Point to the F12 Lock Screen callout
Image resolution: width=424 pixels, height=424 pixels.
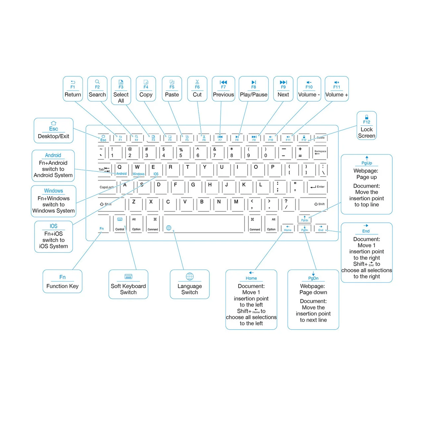pyautogui.click(x=367, y=126)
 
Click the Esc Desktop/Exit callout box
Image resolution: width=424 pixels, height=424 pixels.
pyautogui.click(x=54, y=131)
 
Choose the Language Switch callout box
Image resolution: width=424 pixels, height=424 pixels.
pyautogui.click(x=189, y=284)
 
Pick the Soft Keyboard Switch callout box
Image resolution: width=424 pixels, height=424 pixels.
pyautogui.click(x=128, y=284)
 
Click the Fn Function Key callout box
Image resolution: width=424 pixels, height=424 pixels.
pyautogui.click(x=62, y=281)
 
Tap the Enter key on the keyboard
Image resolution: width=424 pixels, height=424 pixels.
pyautogui.click(x=317, y=187)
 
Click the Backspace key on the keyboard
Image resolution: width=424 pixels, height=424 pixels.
pyautogui.click(x=320, y=152)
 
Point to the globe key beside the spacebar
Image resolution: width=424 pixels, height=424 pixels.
pyautogui.click(x=169, y=228)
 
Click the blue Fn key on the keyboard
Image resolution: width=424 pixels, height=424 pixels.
pyautogui.click(x=102, y=229)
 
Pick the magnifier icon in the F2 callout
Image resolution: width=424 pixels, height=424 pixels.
pyautogui.click(x=97, y=81)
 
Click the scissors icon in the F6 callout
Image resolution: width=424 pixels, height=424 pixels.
pyautogui.click(x=197, y=81)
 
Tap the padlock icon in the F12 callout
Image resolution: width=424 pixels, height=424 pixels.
pyautogui.click(x=367, y=117)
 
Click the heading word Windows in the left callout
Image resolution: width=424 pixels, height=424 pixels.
pyautogui.click(x=53, y=191)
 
